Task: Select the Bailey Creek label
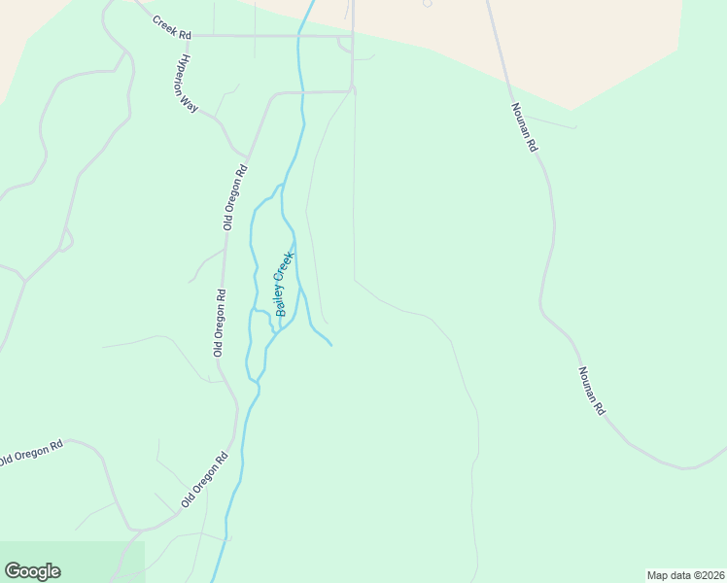click(x=284, y=284)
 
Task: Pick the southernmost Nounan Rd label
click(x=591, y=392)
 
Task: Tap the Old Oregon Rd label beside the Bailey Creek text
click(x=221, y=323)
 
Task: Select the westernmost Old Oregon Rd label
click(x=31, y=452)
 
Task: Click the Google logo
click(x=32, y=571)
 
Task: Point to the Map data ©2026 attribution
click(x=685, y=574)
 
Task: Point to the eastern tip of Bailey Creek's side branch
click(x=332, y=345)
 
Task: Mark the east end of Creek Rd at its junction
click(x=352, y=36)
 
